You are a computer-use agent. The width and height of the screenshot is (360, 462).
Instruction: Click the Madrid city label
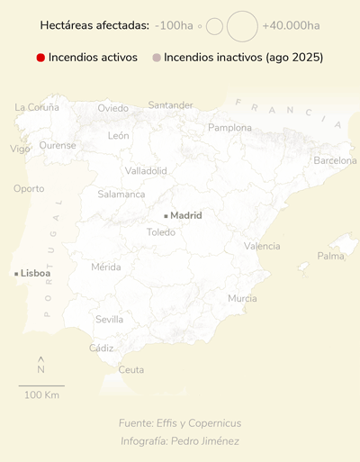[x=185, y=215]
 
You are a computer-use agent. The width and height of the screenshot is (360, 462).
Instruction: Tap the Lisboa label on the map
[x=35, y=273]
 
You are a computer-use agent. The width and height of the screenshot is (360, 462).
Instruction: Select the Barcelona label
[x=335, y=160]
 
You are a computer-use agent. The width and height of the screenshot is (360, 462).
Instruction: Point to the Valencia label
[x=262, y=246]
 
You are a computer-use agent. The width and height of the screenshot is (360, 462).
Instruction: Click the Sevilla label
[x=109, y=320]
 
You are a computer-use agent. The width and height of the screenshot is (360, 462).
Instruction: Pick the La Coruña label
[x=37, y=107]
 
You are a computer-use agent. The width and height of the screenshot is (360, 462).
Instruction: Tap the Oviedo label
[x=113, y=108]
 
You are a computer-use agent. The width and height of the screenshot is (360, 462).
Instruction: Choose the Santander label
[x=170, y=105]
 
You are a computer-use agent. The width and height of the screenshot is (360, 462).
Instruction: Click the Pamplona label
[x=230, y=128]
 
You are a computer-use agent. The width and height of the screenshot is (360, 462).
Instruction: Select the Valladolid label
[x=146, y=170]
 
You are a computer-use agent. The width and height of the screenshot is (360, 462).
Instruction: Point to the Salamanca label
[x=121, y=194]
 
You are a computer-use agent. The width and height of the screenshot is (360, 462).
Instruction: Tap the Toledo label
[x=161, y=232]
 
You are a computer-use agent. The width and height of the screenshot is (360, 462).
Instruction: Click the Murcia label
[x=242, y=298]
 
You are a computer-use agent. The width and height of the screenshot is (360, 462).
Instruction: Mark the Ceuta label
[x=131, y=369]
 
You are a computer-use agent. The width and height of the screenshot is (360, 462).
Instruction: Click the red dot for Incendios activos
[x=40, y=58]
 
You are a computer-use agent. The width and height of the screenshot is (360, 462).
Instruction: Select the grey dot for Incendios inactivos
[x=156, y=58]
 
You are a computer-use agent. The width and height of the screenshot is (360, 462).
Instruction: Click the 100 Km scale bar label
[x=41, y=395]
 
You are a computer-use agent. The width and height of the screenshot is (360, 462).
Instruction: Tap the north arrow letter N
[x=41, y=369]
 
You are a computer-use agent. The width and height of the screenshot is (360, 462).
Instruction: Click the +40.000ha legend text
[x=292, y=26]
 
